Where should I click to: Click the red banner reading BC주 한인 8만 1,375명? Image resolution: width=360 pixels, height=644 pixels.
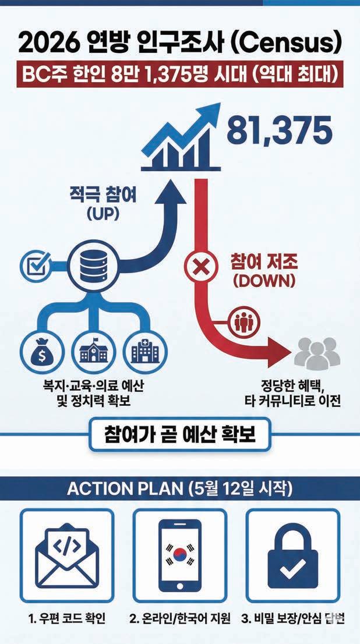pyautogui.click(x=180, y=76)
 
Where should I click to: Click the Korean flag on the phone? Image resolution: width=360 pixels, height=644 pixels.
pyautogui.click(x=179, y=554)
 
